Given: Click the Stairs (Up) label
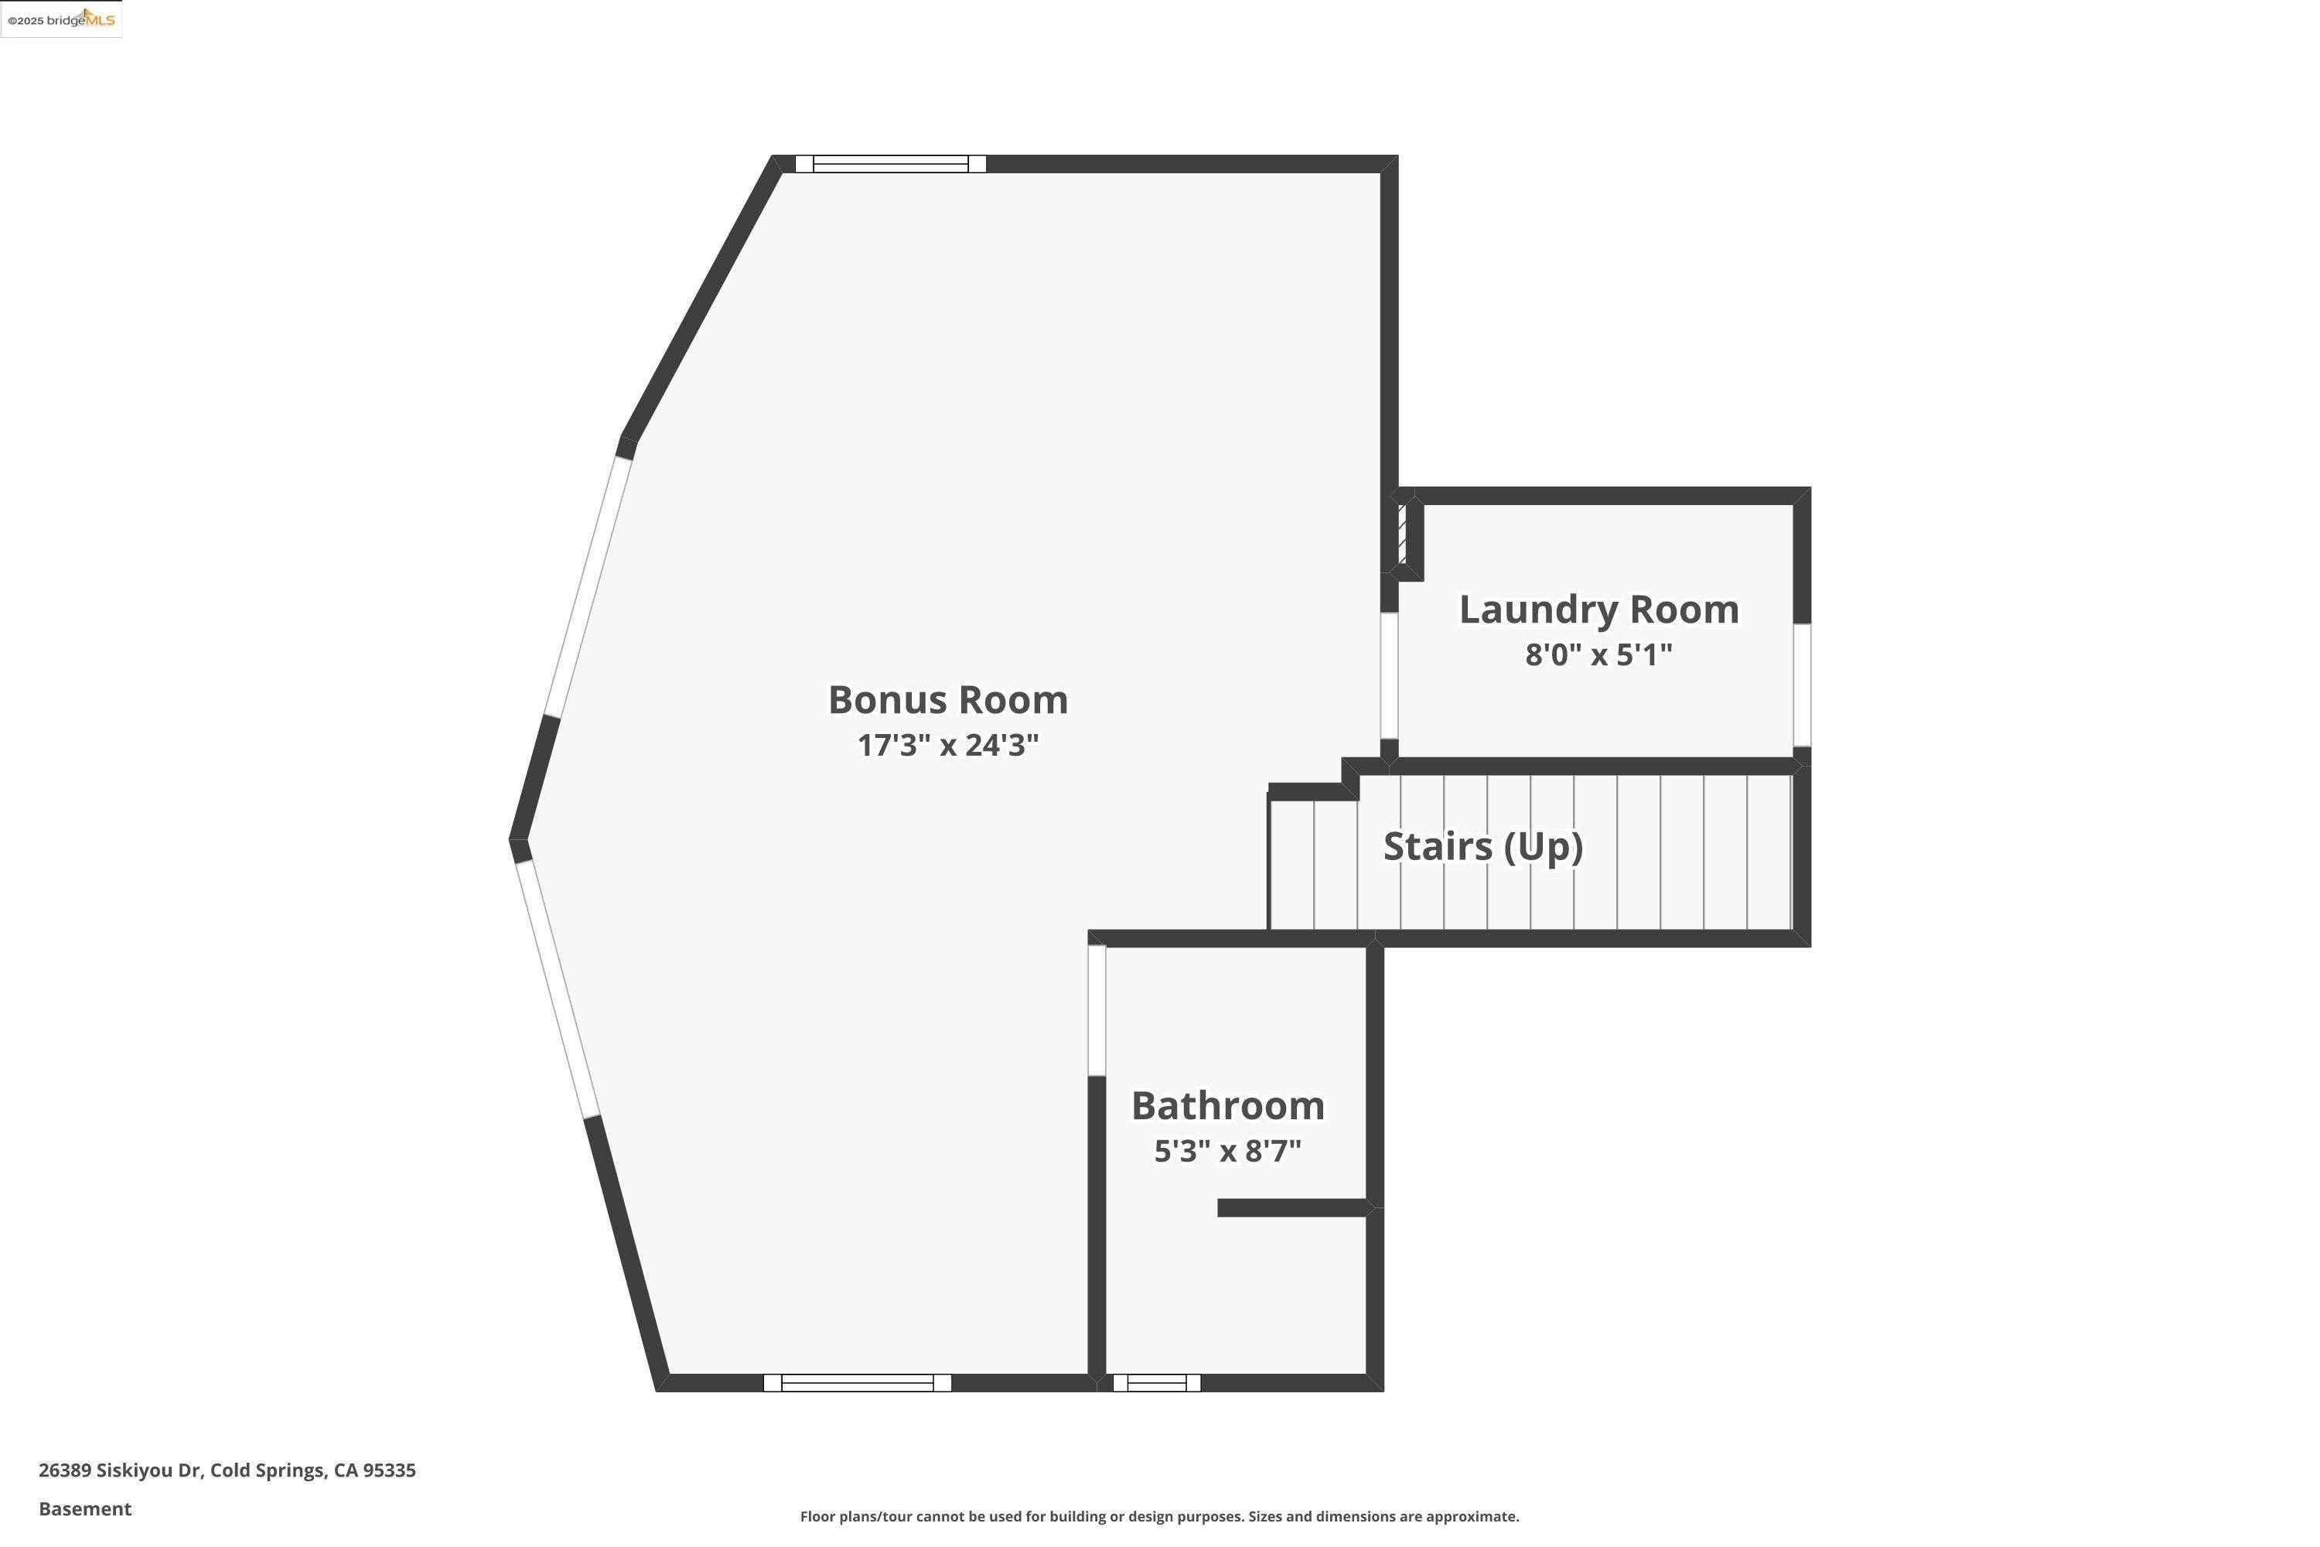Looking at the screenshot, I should coord(1482,846).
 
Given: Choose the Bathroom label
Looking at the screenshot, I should coord(1227,1106).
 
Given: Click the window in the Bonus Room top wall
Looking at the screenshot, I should coord(890,164).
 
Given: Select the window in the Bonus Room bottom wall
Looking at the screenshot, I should coord(857,1383).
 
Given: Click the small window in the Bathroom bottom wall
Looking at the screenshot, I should coord(1156,1383).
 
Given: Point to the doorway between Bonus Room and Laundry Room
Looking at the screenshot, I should coord(1389,676).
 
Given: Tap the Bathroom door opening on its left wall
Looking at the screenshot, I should coord(1096,1010).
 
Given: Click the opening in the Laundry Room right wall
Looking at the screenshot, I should coord(1801,685).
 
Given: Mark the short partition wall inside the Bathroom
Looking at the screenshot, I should coord(1292,1207).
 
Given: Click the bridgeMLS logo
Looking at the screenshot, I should coord(62,20).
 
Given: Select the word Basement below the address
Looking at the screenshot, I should coord(85,1508).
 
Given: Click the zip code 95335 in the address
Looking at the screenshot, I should coord(389,1470).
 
